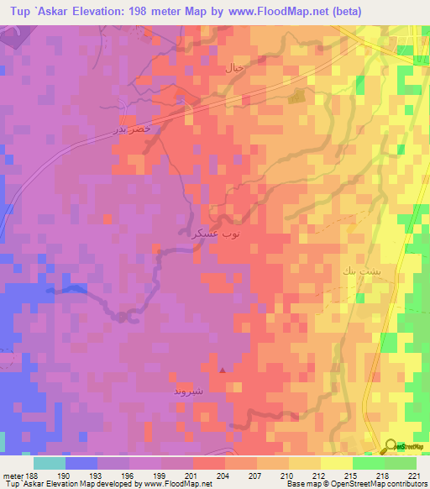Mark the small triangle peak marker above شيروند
[x=222, y=369]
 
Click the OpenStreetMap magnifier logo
[x=391, y=445]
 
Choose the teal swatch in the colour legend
[x=49, y=462]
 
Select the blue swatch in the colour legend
[x=81, y=462]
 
